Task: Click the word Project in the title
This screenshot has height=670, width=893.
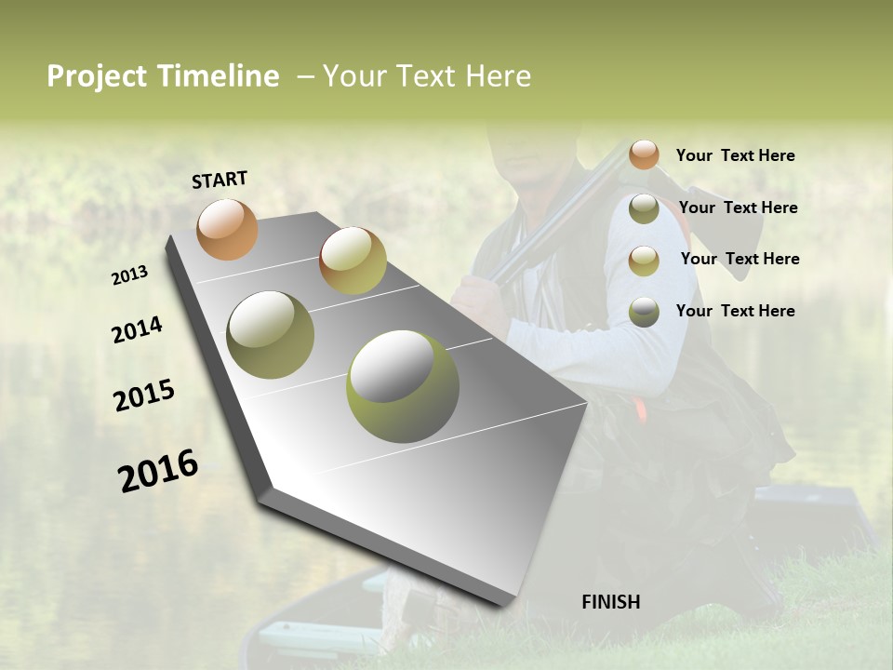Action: pyautogui.click(x=97, y=76)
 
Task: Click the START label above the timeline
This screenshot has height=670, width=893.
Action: pyautogui.click(x=220, y=180)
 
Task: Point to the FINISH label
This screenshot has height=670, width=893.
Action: pyautogui.click(x=610, y=602)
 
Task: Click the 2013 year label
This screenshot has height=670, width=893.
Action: pyautogui.click(x=130, y=275)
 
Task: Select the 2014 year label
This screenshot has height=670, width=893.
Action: pyautogui.click(x=137, y=329)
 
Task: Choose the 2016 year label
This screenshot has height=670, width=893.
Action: pyautogui.click(x=158, y=471)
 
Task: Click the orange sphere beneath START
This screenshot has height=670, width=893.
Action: pyautogui.click(x=227, y=229)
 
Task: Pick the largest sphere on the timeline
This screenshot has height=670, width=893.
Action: pyautogui.click(x=403, y=386)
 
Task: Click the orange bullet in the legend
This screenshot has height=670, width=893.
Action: pyautogui.click(x=644, y=154)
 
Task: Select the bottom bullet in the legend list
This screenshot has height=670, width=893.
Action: pyautogui.click(x=644, y=312)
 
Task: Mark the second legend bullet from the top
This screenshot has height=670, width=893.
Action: pyautogui.click(x=644, y=208)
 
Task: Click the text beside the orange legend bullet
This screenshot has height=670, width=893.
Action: pyautogui.click(x=735, y=155)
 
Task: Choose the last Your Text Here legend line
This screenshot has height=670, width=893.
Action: pyautogui.click(x=735, y=311)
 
